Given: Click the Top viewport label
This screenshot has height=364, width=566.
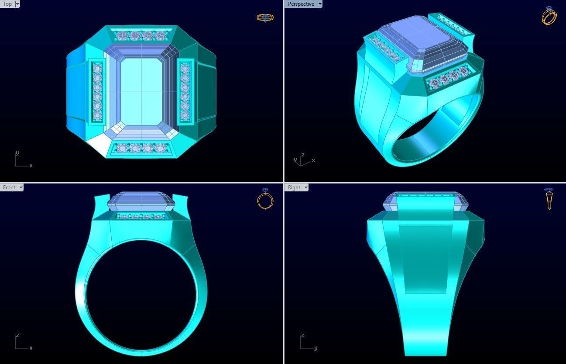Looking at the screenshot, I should pyautogui.click(x=7, y=4).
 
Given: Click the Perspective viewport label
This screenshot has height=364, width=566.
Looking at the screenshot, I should pyautogui.click(x=301, y=4).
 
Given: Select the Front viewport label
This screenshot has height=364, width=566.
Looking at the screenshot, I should pyautogui.click(x=9, y=187).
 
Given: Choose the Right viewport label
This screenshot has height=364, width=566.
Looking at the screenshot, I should pyautogui.click(x=294, y=187).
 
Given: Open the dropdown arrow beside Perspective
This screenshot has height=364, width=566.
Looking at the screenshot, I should pyautogui.click(x=320, y=4).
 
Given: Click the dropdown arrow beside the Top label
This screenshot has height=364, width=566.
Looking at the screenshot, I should pyautogui.click(x=17, y=4).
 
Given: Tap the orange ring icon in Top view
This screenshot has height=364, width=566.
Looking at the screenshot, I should pyautogui.click(x=265, y=18).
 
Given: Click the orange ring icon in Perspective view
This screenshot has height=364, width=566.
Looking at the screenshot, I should pyautogui.click(x=549, y=16).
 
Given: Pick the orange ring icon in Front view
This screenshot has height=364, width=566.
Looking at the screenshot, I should pyautogui.click(x=265, y=199).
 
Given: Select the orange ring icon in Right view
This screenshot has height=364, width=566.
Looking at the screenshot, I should pyautogui.click(x=549, y=199).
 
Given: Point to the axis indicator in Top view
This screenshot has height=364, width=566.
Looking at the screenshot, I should pyautogui.click(x=22, y=161).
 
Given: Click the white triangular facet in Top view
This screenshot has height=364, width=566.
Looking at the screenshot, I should pyautogui.click(x=99, y=144).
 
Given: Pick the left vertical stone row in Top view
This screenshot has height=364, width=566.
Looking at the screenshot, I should pyautogui.click(x=97, y=91).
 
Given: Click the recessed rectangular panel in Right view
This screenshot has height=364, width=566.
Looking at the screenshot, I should pyautogui.click(x=425, y=259).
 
